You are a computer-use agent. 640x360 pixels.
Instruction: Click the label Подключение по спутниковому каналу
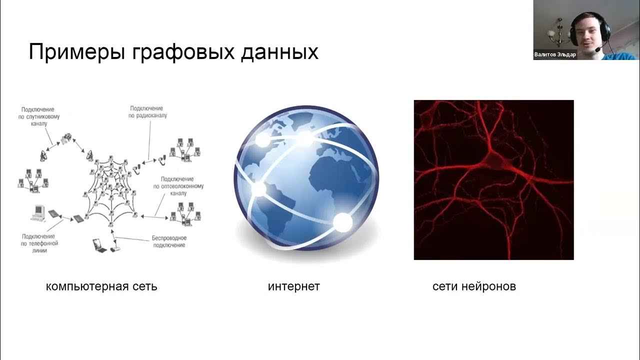37,116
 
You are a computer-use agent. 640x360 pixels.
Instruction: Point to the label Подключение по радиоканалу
147,112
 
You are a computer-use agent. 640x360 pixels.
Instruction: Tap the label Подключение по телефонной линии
40,243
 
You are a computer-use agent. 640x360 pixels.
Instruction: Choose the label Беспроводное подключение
169,241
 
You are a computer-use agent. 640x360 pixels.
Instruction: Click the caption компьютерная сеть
101,286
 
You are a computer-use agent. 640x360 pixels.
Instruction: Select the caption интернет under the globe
294,286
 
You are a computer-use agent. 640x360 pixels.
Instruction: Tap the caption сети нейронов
474,286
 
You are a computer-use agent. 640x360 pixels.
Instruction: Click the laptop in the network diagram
98,244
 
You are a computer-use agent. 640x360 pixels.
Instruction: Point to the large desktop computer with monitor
37,212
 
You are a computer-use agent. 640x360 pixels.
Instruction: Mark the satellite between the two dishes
66,138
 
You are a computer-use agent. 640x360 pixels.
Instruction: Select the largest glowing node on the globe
343,223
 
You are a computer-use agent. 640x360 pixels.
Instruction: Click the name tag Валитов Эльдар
555,55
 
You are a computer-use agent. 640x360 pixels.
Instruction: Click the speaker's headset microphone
595,49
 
